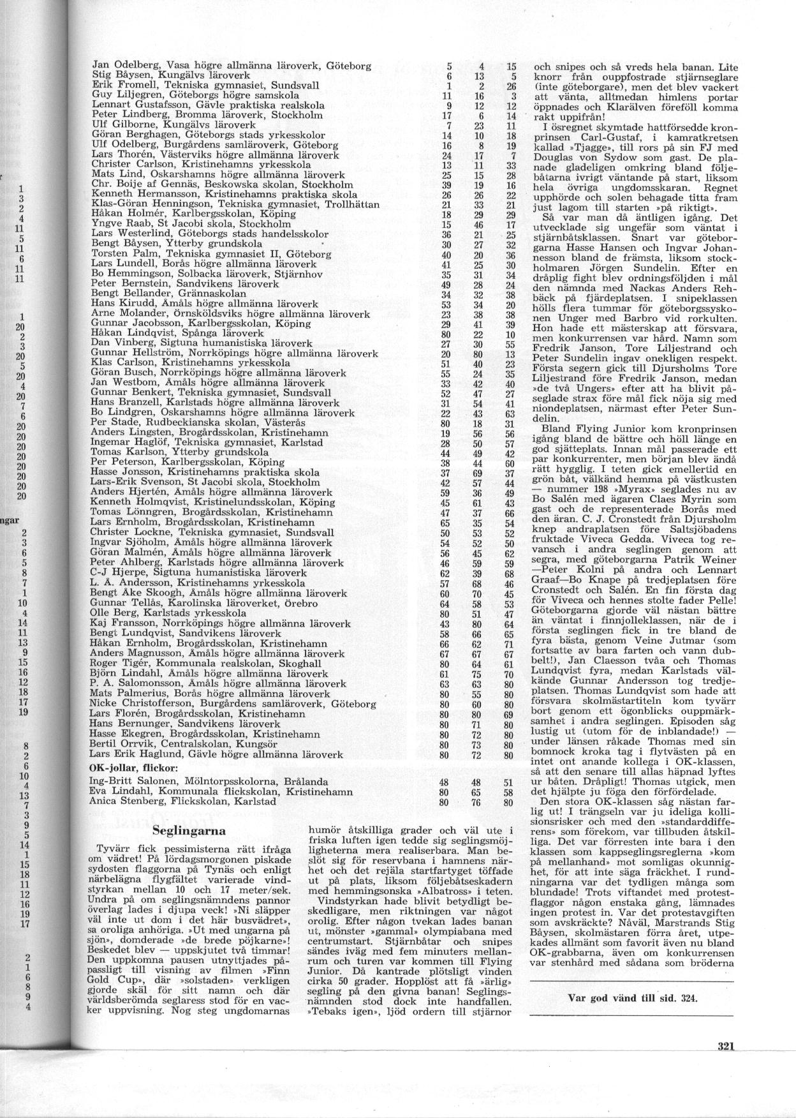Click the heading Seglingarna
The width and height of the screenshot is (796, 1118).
[190, 831]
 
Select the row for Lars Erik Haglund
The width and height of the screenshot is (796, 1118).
[217, 755]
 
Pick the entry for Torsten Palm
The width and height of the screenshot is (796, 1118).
[210, 253]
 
